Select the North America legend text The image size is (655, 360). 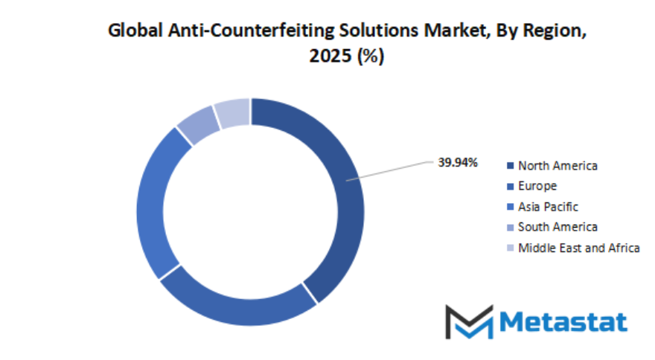point(557,165)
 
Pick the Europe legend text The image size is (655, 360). point(537,186)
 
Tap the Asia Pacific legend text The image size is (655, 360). point(548,207)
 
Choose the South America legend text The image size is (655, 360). point(557,227)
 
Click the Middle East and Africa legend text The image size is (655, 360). point(578,248)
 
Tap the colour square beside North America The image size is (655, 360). point(510,166)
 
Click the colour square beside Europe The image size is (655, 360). point(510,187)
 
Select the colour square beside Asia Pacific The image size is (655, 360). point(510,207)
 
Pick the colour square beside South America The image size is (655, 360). point(510,228)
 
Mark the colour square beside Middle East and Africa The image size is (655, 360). point(510,248)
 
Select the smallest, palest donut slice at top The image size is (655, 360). point(231,112)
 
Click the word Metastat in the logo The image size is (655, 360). point(563,321)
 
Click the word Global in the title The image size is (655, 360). point(129,31)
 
